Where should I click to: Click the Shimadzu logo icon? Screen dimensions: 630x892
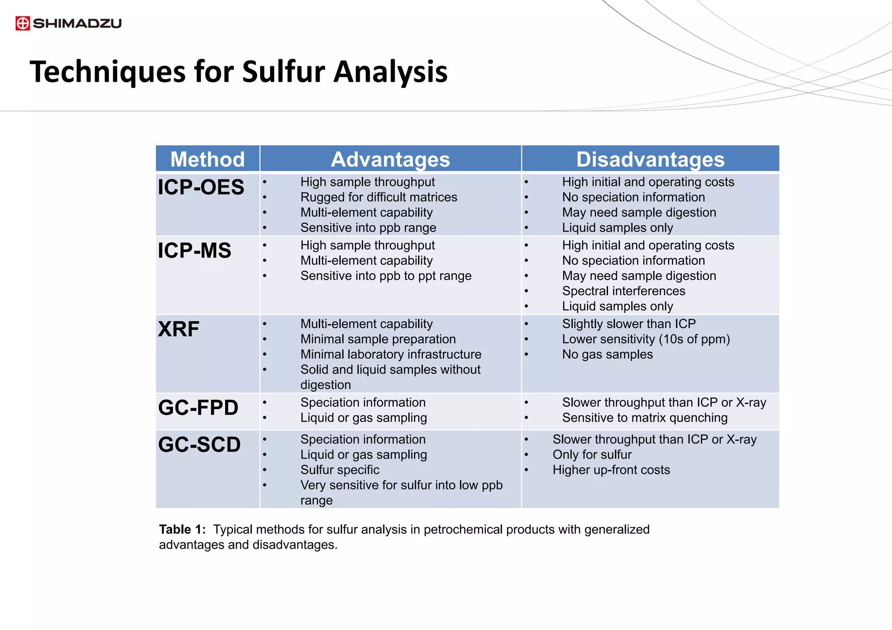[x=23, y=23]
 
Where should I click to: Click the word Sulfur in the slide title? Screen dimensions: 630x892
[x=284, y=72]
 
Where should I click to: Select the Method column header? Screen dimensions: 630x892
[x=207, y=159]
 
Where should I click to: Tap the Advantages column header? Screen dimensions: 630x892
[x=390, y=159]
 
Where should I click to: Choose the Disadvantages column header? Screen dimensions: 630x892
[x=650, y=159]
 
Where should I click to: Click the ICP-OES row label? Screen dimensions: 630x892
[x=201, y=188]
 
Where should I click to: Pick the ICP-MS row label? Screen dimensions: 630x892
[x=194, y=251]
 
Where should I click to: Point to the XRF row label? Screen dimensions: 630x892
[x=179, y=329]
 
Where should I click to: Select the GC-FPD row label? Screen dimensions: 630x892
[x=198, y=408]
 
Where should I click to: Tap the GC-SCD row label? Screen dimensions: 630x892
[x=199, y=445]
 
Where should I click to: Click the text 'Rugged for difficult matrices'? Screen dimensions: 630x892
[x=378, y=197]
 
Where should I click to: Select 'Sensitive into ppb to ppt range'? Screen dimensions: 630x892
[x=386, y=276]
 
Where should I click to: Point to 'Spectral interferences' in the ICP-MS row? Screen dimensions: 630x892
[x=623, y=291]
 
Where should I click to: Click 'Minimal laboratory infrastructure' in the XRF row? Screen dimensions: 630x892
[x=391, y=355]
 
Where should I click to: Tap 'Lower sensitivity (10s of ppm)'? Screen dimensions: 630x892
[x=646, y=339]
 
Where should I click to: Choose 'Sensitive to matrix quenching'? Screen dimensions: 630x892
[x=645, y=418]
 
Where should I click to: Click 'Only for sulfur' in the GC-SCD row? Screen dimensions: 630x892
[x=592, y=455]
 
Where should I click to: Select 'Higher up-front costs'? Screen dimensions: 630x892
[x=611, y=470]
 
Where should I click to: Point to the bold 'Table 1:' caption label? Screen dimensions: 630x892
[x=182, y=529]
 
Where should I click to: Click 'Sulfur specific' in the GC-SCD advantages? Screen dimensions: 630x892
[x=340, y=470]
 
